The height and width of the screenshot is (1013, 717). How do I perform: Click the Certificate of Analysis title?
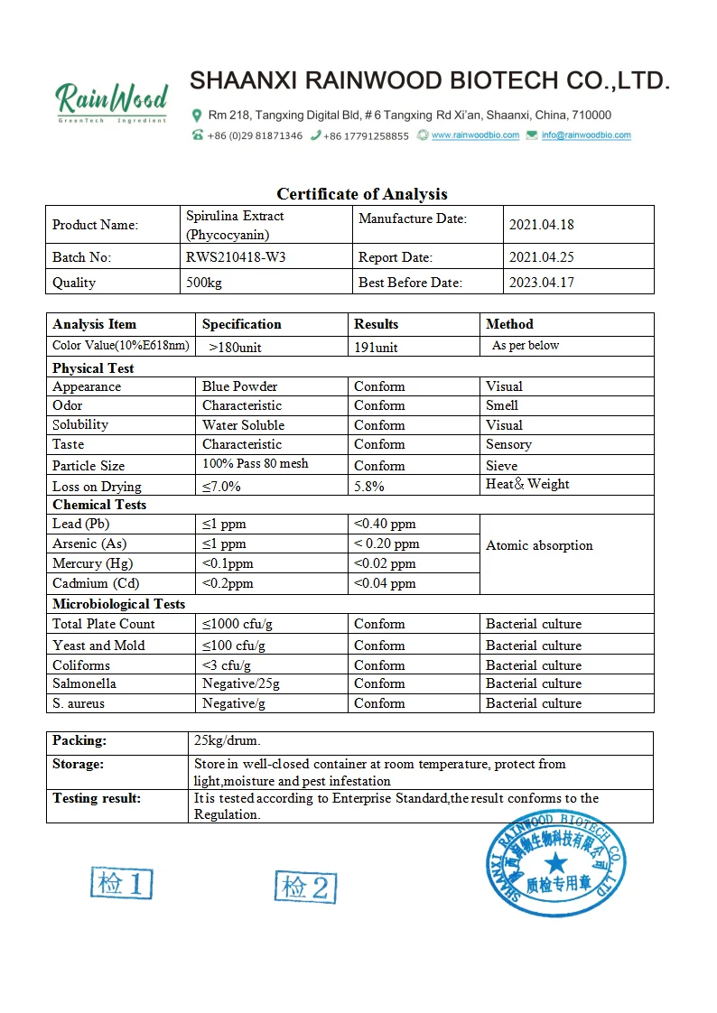coord(361,194)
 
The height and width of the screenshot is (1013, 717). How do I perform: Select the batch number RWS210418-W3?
coord(236,257)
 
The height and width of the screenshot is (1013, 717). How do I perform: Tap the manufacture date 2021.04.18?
coord(542,225)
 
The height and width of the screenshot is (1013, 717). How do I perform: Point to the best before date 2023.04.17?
coord(542,283)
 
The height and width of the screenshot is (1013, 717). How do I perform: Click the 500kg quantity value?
coord(204,283)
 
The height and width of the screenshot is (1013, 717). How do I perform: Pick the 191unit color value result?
coord(376,347)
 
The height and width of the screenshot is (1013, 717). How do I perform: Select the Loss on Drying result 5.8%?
coord(368,486)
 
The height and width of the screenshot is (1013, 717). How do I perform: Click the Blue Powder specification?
coord(239,386)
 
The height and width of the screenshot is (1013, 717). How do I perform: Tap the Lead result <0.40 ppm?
coord(385,524)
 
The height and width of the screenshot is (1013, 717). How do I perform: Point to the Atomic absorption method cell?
coord(539,545)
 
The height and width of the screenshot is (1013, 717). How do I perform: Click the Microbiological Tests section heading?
coord(118,604)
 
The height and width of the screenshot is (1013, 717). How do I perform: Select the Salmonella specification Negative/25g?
coord(241,683)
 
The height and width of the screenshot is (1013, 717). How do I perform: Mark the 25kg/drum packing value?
coord(227,741)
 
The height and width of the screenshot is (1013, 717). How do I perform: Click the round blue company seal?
coord(554,864)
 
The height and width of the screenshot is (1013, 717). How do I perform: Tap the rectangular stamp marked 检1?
coord(121,883)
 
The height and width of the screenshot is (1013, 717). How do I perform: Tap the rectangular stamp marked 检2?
coord(305,888)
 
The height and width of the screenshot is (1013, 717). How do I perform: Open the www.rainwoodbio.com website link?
coord(475,135)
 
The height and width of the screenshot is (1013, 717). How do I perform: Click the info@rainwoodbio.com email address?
coord(586,135)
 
